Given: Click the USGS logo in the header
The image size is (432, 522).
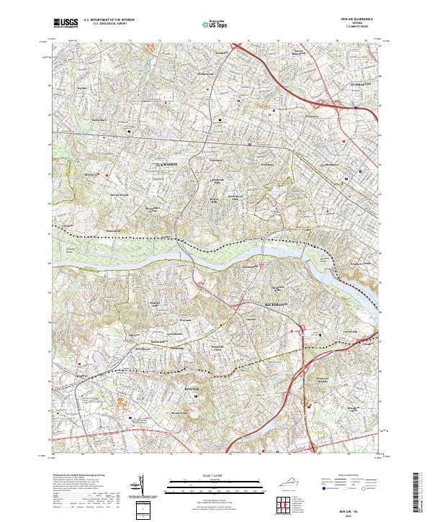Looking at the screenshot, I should (66, 23).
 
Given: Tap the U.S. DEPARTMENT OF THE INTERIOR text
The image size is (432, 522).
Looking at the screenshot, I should (109, 19).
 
